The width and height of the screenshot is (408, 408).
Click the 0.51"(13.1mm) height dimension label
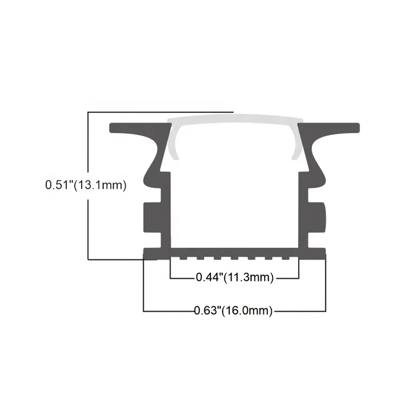(85, 185)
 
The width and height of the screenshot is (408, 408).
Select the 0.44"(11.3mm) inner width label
(235, 277)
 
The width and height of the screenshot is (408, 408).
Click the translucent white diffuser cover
(234, 120)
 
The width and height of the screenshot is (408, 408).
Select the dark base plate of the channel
(234, 252)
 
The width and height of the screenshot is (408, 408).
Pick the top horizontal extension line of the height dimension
(158, 111)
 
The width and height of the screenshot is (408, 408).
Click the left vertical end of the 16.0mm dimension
(144, 286)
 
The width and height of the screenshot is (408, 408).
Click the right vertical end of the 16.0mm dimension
(325, 286)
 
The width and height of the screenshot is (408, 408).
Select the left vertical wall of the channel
(165, 209)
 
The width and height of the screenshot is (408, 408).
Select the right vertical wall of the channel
(303, 209)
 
